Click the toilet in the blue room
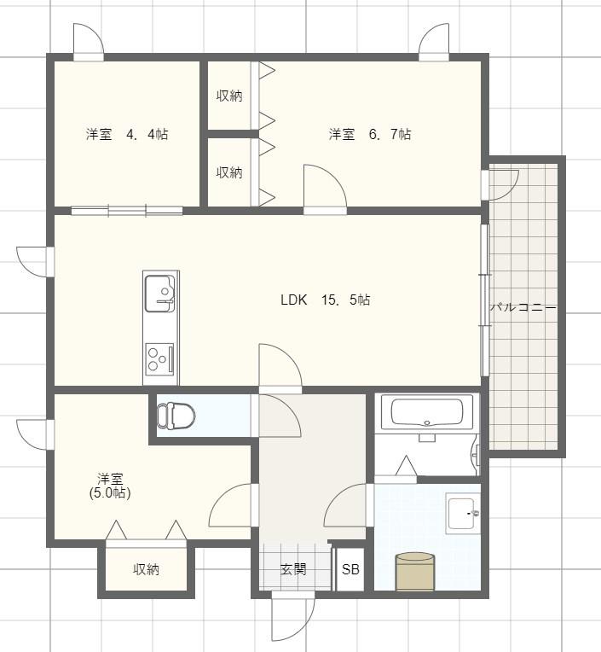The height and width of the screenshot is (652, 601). [x=176, y=415]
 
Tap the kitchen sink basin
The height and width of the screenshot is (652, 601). [x=160, y=294]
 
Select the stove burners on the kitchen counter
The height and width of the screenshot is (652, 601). [x=159, y=358]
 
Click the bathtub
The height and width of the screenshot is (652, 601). [x=427, y=411]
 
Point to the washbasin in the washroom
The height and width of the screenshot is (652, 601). [x=463, y=513]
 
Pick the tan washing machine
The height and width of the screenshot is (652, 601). [x=415, y=571]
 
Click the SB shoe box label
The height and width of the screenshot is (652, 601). [x=350, y=569]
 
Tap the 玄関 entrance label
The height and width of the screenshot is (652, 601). [x=293, y=569]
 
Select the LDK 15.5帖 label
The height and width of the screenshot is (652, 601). [x=325, y=300]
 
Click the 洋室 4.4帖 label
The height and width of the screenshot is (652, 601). [x=127, y=134]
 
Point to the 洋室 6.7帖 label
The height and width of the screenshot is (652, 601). [x=370, y=134]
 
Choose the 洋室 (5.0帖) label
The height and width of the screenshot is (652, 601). [x=110, y=486]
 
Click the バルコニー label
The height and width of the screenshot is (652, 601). [x=523, y=308]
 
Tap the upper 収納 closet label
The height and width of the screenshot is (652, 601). [x=229, y=96]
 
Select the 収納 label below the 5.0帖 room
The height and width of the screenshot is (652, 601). [x=146, y=569]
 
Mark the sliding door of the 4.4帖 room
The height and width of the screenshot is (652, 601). [x=127, y=211]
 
